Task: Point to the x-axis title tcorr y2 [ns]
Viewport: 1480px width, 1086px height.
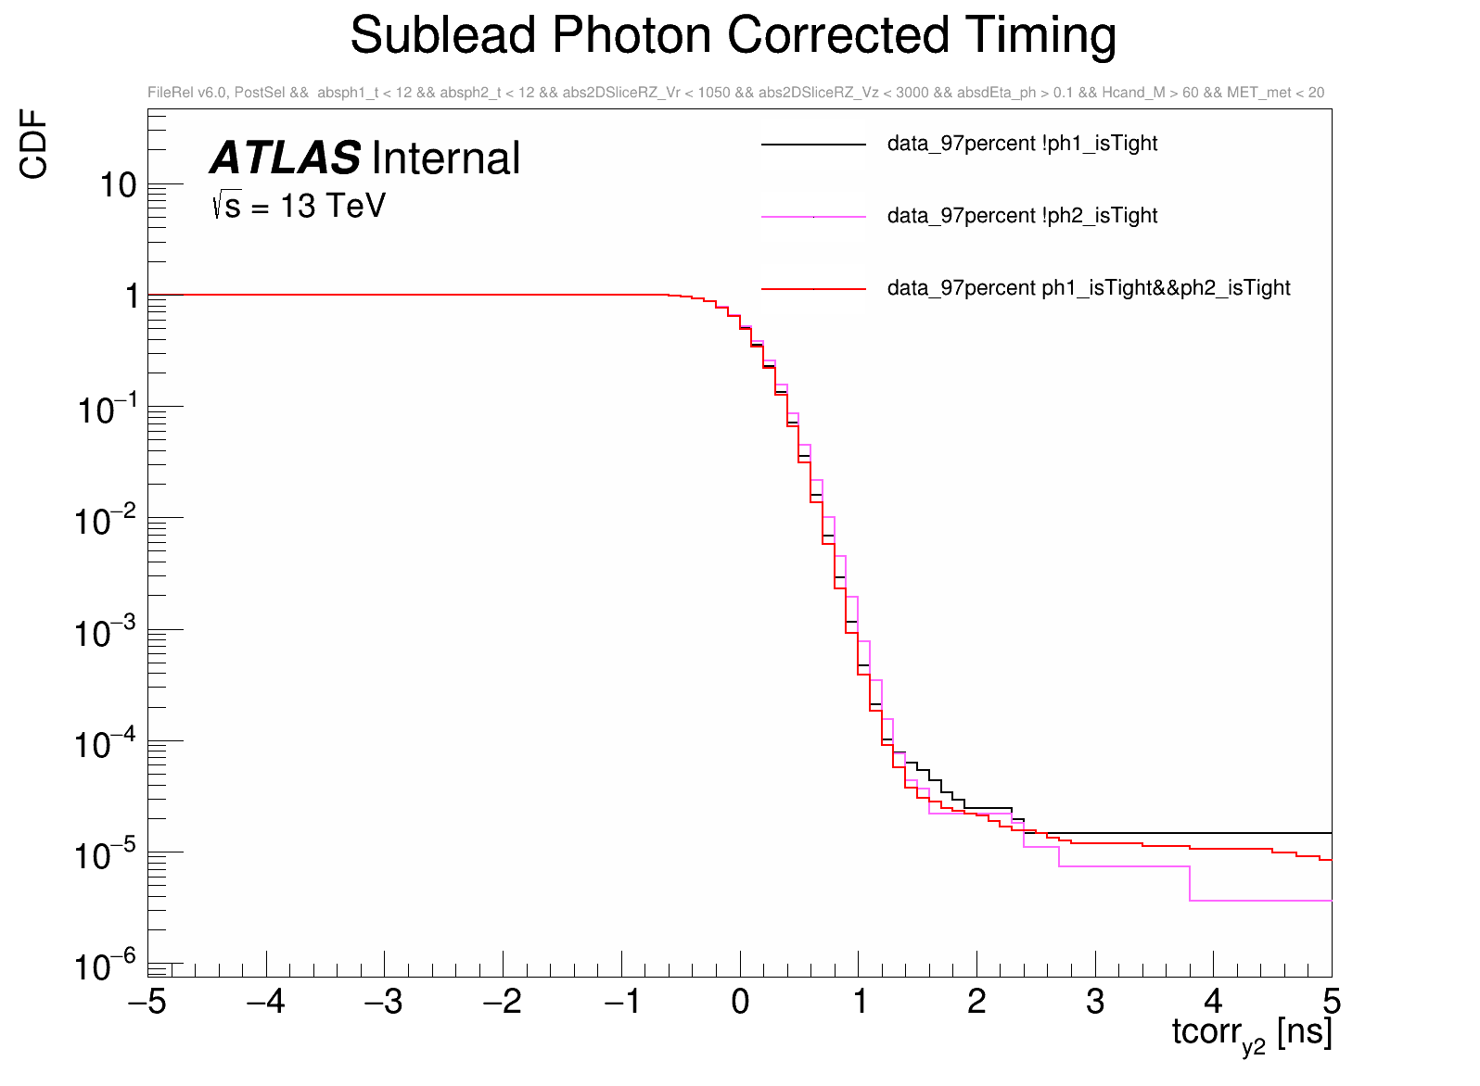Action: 1252,1033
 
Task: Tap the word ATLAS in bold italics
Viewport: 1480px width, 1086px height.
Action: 285,158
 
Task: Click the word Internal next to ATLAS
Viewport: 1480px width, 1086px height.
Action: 446,158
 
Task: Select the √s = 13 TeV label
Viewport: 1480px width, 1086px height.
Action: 299,206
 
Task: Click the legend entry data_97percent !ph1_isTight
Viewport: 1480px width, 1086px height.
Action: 1022,144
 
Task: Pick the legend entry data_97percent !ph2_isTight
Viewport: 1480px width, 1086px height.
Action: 1022,216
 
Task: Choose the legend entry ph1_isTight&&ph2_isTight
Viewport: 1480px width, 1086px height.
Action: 1089,288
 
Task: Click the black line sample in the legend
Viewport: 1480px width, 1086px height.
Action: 813,145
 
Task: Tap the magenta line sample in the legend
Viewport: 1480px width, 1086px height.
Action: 813,217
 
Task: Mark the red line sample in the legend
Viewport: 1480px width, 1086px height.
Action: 813,289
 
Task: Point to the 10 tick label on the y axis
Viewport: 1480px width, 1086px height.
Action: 119,186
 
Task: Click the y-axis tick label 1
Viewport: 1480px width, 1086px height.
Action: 133,297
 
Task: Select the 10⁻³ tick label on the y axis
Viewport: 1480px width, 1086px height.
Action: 106,633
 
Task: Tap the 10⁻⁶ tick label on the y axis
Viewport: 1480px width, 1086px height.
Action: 106,966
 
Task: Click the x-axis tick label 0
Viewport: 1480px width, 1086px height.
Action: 740,1002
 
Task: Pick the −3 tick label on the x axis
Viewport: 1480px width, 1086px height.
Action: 383,1002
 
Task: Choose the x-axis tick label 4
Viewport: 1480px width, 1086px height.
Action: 1213,1002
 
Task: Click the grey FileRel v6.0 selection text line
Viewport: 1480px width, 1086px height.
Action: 735,93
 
